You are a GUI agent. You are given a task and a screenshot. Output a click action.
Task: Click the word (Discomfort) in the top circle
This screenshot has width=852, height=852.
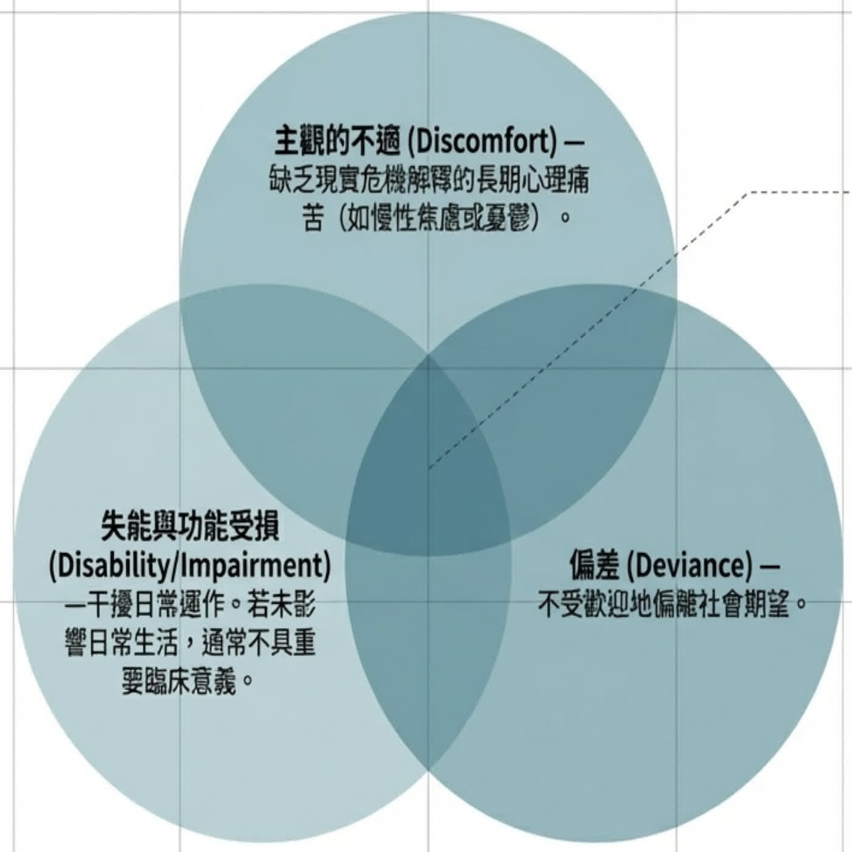[481, 142]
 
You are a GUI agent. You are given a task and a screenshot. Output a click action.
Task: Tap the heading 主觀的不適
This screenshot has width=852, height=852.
[338, 142]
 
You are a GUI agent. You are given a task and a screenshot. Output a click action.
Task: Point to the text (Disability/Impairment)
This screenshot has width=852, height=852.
[190, 566]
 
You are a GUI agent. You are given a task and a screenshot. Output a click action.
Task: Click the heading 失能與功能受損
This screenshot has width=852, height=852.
[190, 527]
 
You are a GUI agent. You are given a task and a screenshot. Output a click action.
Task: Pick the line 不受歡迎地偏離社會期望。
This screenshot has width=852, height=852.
[672, 605]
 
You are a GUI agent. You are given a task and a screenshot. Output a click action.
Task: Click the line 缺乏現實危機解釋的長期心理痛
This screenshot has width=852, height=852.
[429, 180]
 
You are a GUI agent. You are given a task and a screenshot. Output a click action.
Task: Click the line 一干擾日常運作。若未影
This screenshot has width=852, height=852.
[190, 605]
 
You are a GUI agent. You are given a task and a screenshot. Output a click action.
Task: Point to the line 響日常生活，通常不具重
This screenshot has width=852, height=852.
[190, 643]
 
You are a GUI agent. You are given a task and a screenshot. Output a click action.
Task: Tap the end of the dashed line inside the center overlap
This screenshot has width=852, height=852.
[429, 468]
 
